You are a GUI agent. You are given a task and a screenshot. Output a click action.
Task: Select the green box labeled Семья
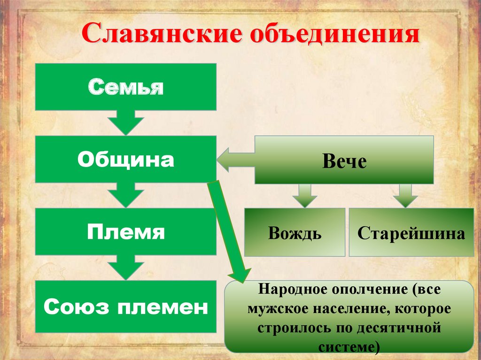click(x=126, y=87)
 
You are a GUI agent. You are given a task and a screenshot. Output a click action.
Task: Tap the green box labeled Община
click(x=126, y=160)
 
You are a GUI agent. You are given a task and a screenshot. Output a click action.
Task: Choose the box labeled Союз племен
click(x=126, y=307)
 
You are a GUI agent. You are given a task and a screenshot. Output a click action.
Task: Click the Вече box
click(x=344, y=161)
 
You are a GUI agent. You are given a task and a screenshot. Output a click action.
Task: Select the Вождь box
click(x=295, y=232)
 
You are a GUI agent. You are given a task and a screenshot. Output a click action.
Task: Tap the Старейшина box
click(x=411, y=232)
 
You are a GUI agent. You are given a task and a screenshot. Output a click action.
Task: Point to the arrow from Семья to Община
click(x=125, y=123)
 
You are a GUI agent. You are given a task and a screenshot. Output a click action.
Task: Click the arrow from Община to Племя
click(x=125, y=195)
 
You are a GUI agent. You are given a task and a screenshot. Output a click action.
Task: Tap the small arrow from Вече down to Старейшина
click(x=404, y=195)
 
